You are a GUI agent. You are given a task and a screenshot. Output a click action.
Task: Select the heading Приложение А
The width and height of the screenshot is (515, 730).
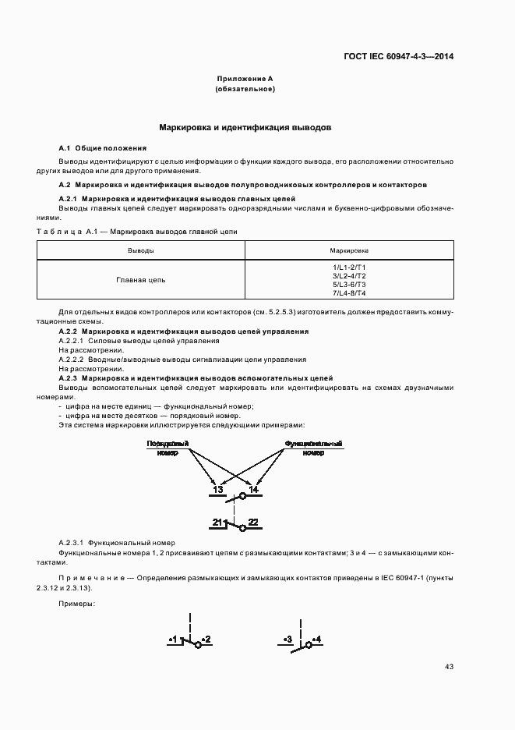(245, 79)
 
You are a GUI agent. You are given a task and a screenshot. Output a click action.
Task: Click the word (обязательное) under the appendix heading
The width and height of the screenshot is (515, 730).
(245, 89)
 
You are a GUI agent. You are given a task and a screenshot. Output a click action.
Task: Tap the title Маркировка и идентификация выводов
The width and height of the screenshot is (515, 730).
(245, 126)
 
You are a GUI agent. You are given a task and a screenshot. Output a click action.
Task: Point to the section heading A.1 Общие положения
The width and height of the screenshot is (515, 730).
(103, 147)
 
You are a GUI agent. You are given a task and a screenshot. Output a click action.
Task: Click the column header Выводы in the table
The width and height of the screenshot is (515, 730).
(140, 250)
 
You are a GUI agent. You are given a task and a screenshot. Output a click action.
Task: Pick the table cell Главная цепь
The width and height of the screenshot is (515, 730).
(140, 280)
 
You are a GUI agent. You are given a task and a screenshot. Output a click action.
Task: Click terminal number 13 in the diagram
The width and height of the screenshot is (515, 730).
(217, 489)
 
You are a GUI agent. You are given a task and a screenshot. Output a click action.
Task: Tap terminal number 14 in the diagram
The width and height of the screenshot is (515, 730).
(253, 489)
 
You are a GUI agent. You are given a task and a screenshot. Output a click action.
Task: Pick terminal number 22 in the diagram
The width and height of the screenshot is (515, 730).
(253, 522)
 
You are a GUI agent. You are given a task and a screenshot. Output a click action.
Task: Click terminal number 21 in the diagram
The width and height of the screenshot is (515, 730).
(219, 522)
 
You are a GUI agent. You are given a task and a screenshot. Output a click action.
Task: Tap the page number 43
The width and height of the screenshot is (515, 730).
(449, 666)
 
